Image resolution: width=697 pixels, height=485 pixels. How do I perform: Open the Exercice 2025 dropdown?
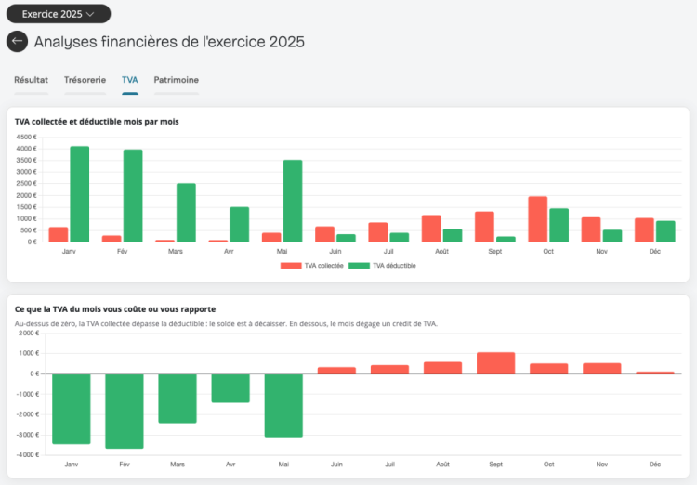click(x=59, y=14)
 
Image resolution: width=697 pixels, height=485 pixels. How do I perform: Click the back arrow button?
click(x=18, y=41)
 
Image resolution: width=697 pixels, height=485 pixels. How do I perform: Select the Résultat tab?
click(x=31, y=80)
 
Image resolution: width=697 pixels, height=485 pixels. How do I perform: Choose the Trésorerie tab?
click(x=85, y=80)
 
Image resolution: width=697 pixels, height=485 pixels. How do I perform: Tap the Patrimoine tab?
click(x=176, y=80)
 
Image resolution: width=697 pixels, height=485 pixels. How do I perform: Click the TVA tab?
click(x=130, y=80)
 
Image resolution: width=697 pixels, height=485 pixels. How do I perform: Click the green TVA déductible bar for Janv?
click(x=80, y=194)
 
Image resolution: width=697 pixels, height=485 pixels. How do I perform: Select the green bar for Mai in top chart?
click(x=293, y=201)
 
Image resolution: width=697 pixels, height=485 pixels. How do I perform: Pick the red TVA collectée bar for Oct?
click(x=538, y=219)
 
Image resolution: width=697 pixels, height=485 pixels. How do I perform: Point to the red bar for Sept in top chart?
click(x=484, y=227)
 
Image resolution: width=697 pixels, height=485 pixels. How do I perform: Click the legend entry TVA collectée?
click(x=312, y=266)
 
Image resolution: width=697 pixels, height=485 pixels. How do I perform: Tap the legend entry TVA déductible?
click(x=382, y=266)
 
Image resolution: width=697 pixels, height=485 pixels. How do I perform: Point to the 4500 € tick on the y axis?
click(x=26, y=137)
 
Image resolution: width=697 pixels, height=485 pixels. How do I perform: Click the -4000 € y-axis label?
click(x=29, y=454)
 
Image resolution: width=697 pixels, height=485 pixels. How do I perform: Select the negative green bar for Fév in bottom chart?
click(x=125, y=412)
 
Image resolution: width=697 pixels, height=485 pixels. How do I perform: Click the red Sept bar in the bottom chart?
click(x=496, y=363)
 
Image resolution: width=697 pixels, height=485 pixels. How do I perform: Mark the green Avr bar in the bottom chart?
click(x=230, y=388)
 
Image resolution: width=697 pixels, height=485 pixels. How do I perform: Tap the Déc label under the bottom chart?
click(x=655, y=465)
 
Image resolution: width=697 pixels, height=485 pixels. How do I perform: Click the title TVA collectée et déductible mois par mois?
click(x=97, y=122)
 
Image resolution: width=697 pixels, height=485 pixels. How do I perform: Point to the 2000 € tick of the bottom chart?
click(x=29, y=333)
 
